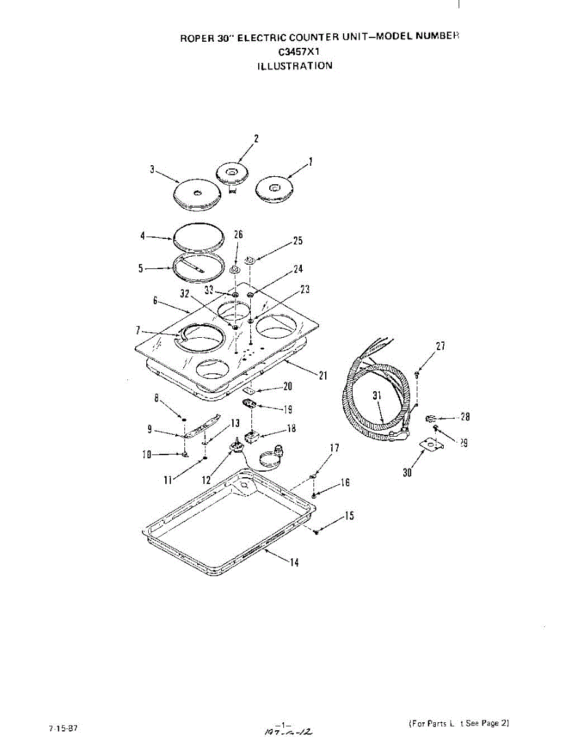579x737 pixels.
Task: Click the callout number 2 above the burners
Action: pos(256,138)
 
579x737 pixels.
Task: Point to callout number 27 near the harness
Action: pos(440,346)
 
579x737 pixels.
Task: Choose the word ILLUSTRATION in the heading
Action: pos(295,66)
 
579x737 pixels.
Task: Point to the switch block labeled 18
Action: pos(251,437)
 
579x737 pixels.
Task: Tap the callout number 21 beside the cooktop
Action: pos(323,376)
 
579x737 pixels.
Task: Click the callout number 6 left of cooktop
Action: pos(156,301)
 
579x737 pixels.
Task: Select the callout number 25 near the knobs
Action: pos(297,241)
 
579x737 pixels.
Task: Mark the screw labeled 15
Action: pos(316,531)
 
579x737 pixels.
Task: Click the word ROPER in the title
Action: pos(195,37)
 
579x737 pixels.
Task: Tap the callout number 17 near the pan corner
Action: pos(334,448)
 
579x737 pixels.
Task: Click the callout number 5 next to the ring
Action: pos(141,268)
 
